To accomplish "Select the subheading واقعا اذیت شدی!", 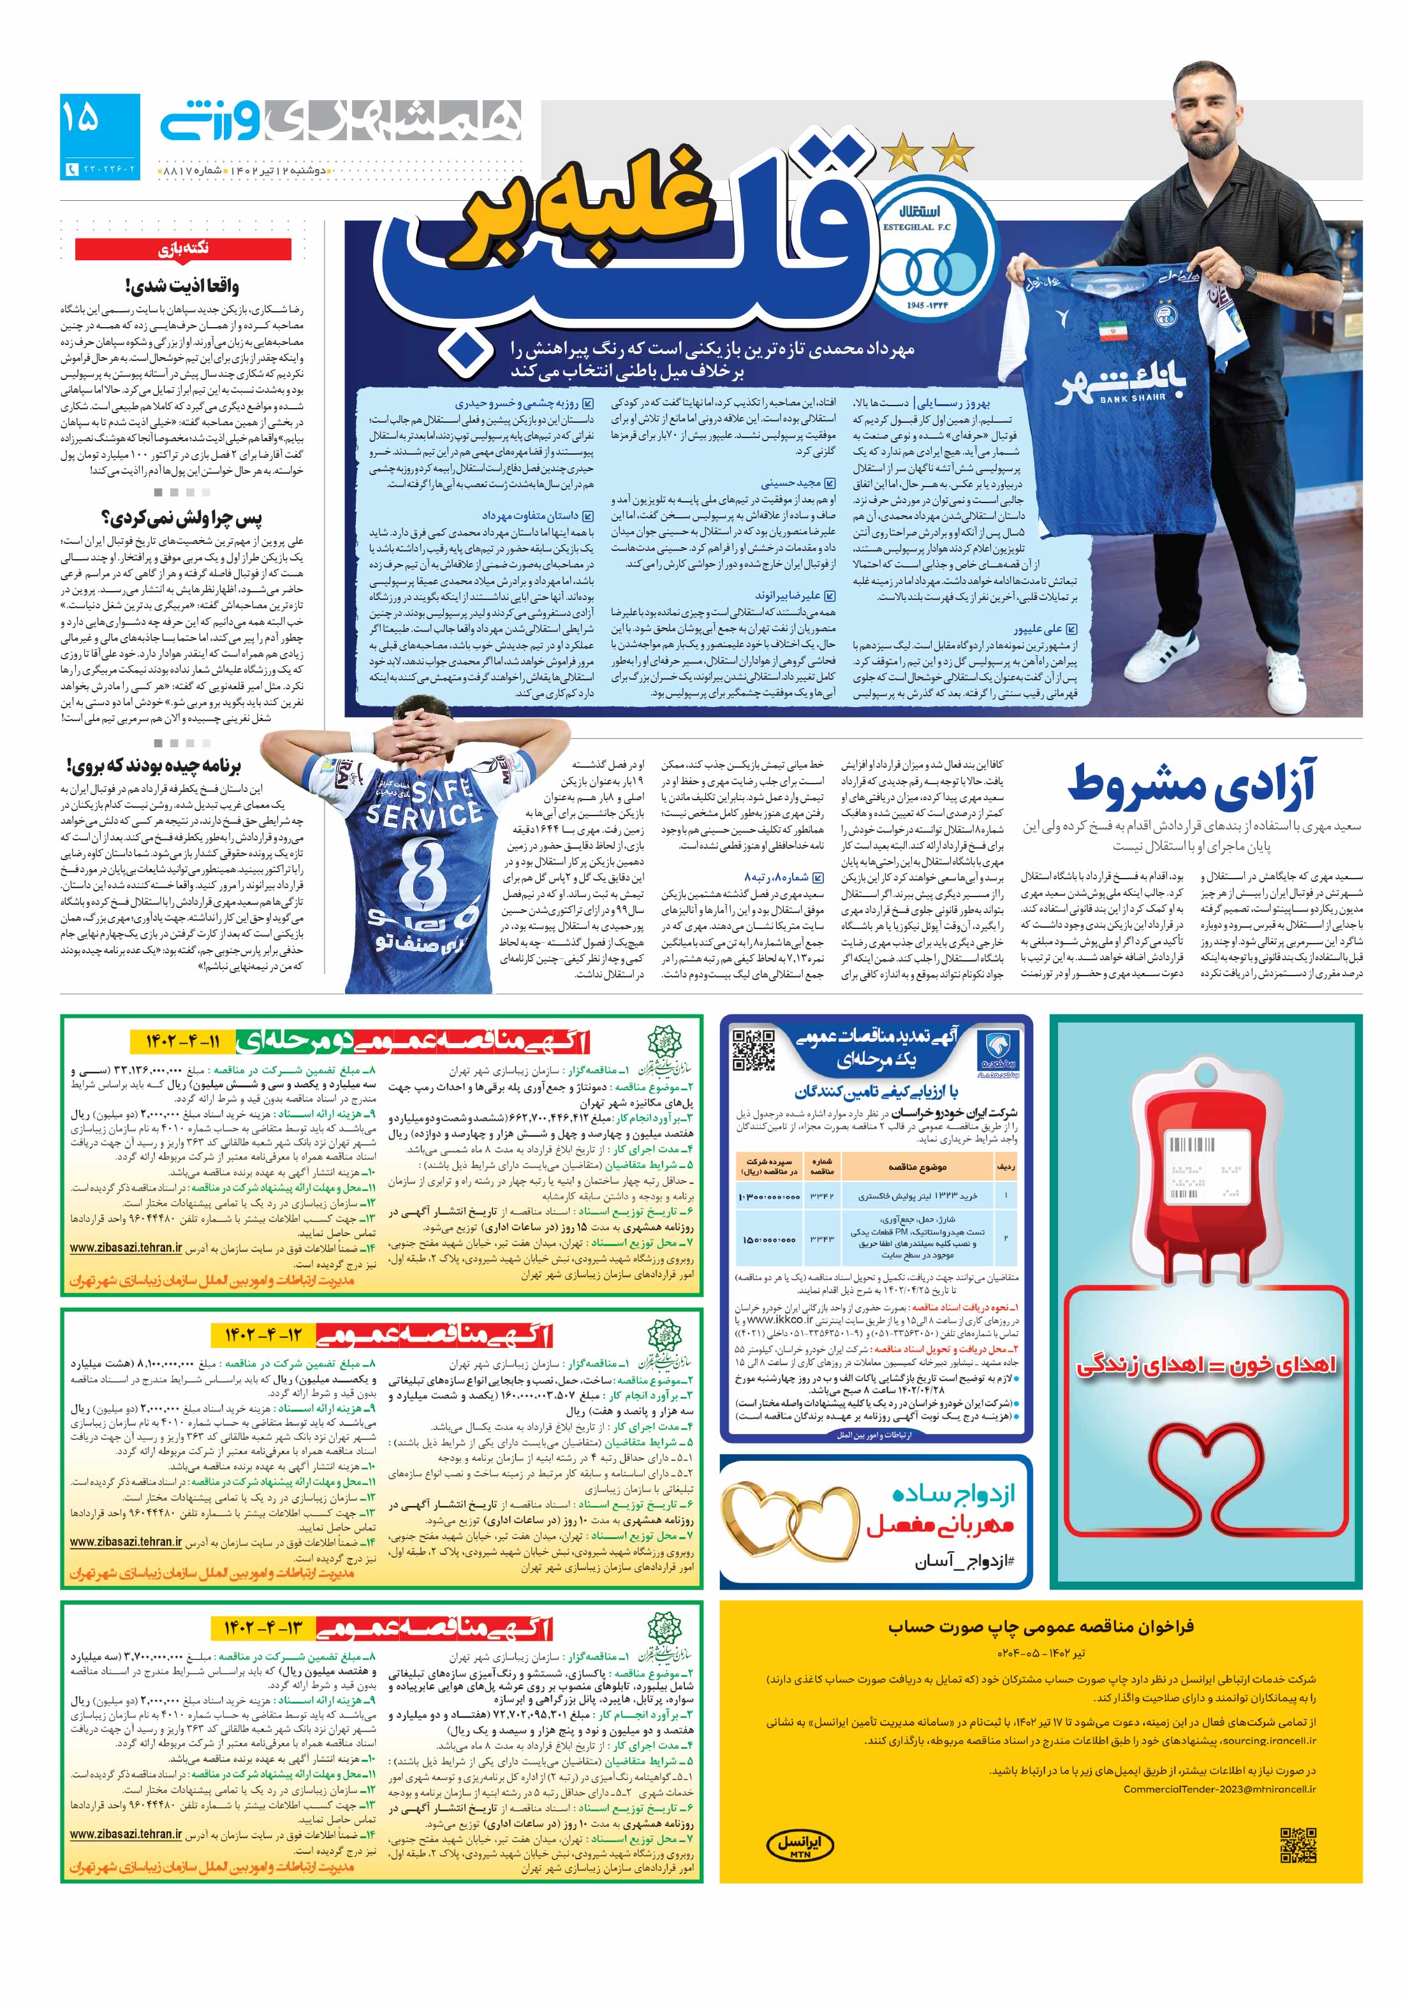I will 180,286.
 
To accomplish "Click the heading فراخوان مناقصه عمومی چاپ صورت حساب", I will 1041,1626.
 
